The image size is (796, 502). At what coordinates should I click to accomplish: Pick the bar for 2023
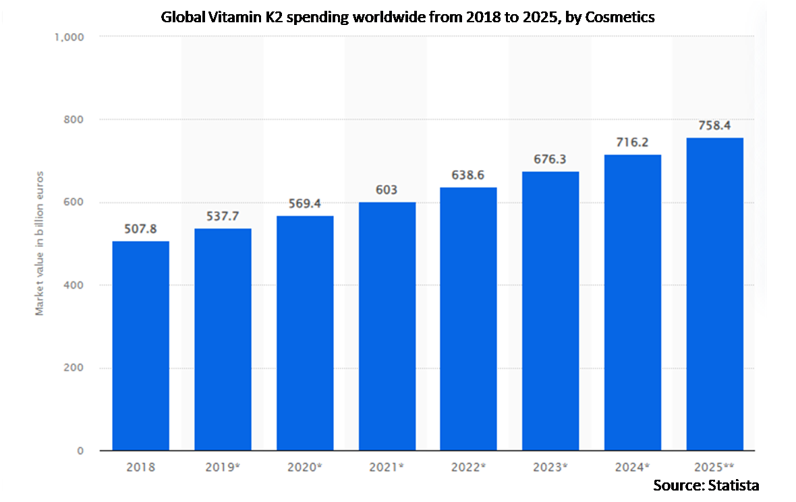[550, 311]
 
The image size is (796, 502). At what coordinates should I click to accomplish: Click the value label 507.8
[140, 229]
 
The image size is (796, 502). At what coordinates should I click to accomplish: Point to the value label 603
[387, 190]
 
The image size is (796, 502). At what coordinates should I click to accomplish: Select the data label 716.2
[633, 142]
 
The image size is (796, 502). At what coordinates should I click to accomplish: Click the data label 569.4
[304, 204]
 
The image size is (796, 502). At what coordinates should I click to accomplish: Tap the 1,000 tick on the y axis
[69, 36]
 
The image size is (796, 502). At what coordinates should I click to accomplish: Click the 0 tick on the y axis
[80, 451]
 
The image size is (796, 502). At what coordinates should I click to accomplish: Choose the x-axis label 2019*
[223, 466]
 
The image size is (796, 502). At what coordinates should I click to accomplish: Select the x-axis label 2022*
[469, 466]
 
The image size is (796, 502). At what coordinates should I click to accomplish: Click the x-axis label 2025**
[715, 466]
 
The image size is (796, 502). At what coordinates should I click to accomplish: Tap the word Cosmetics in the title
[620, 17]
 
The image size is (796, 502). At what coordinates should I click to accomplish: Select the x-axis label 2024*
[633, 466]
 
